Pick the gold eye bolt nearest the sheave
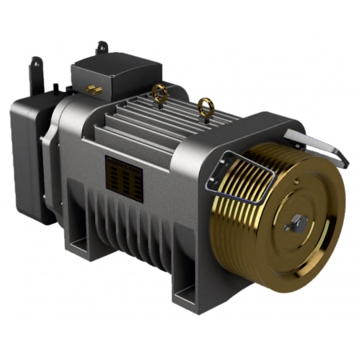pos(206,106)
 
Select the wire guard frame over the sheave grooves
pos(240,172)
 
